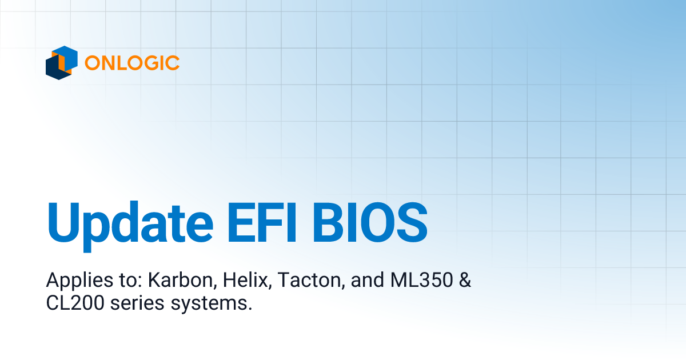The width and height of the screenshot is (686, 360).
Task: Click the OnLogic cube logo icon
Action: tap(62, 62)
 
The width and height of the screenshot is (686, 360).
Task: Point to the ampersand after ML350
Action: tap(463, 281)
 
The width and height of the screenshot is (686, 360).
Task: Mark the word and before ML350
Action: tap(362, 281)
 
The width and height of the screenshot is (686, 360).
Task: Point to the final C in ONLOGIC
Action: tap(173, 63)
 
